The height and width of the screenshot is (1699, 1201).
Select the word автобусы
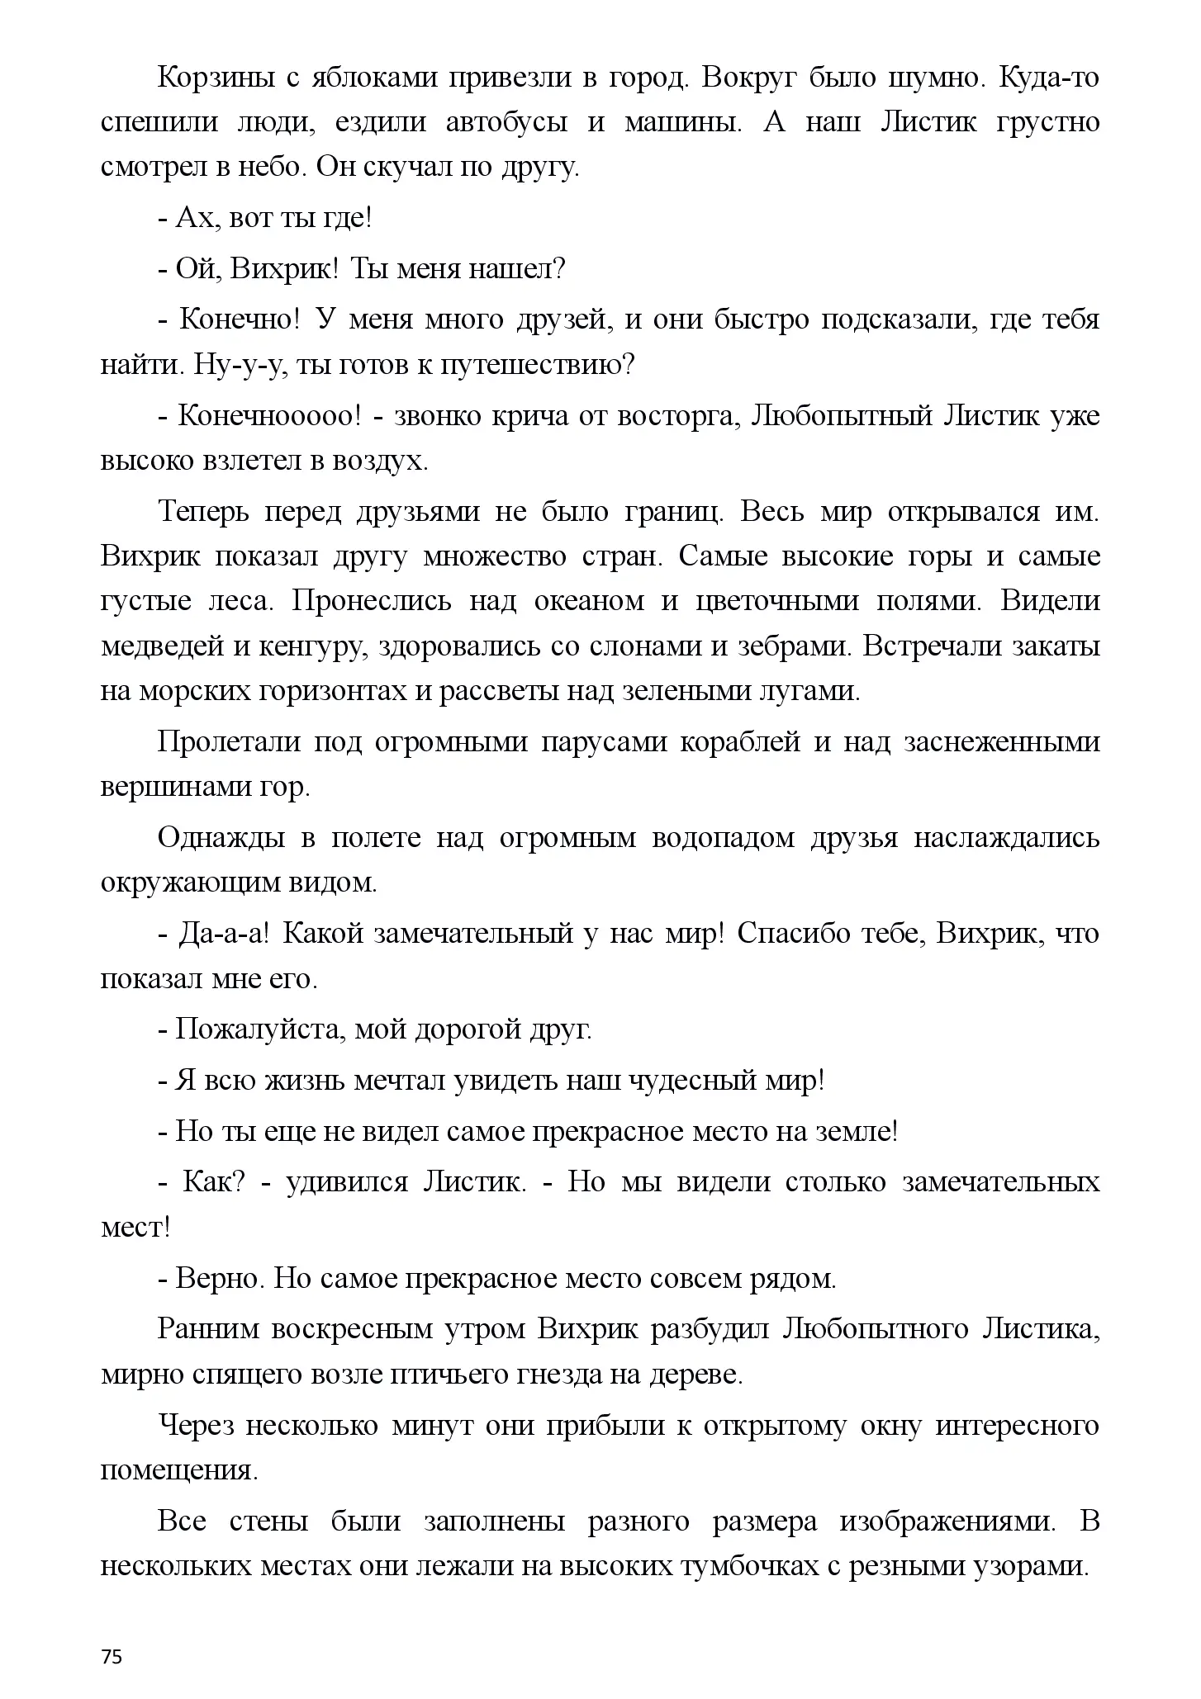[x=506, y=122]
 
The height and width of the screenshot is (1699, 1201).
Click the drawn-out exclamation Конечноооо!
[x=269, y=415]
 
